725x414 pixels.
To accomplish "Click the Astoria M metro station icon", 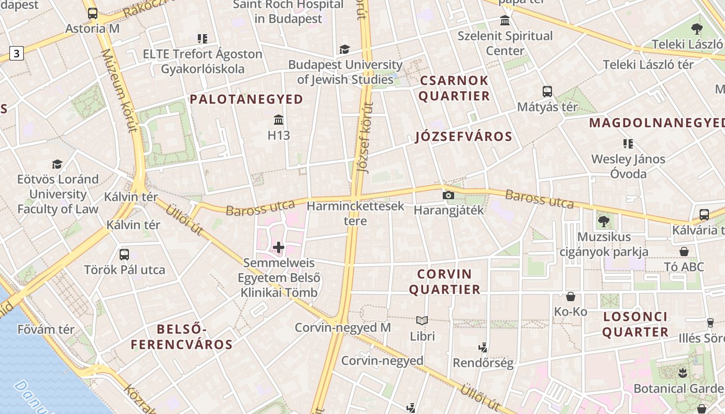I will point(93,13).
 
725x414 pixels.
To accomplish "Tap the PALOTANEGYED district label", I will point(247,99).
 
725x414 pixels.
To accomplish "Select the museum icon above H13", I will point(279,121).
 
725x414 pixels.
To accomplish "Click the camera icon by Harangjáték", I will point(448,195).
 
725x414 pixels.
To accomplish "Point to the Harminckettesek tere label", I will point(355,213).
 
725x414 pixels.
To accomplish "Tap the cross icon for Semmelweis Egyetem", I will point(279,247).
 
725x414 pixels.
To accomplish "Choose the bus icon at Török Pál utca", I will point(124,255).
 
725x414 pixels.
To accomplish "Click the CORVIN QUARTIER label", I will point(445,282).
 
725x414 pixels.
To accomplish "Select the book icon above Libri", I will point(422,321).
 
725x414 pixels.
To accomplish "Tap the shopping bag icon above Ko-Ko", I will point(570,297).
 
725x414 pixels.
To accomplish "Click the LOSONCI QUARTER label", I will point(635,324).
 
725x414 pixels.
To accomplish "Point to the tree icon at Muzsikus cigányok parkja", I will point(603,221).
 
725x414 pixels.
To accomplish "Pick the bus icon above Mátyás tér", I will point(547,92).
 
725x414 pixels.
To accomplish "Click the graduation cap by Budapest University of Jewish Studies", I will point(344,49).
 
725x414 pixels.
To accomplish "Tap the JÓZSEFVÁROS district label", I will point(463,137).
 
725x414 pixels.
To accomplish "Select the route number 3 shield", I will point(17,53).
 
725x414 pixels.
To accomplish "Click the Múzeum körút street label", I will point(120,91).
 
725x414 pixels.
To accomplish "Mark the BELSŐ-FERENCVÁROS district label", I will point(181,337).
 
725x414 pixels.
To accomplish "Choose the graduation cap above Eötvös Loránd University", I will point(57,164).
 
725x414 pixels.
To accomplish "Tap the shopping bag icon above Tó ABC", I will point(684,252).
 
